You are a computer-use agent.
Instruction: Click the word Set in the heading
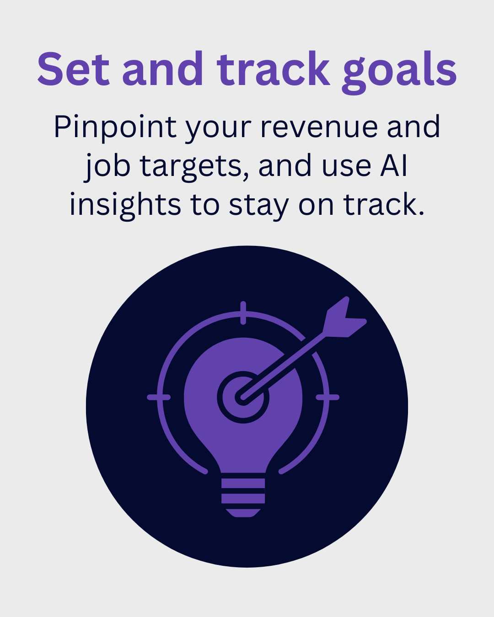point(74,69)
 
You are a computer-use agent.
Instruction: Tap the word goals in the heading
point(399,73)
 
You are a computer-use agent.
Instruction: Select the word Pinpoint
point(115,128)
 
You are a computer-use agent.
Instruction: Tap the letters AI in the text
point(393,165)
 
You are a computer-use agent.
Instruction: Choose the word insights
point(125,206)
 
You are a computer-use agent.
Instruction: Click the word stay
point(258,207)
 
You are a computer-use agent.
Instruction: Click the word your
point(219,130)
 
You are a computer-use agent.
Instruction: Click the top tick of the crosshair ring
point(243,313)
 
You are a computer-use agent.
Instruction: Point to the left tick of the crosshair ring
point(159,397)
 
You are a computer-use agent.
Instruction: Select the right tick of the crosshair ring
point(328,397)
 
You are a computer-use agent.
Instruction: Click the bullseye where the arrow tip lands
point(243,397)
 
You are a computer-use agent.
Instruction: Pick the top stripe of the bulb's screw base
point(243,483)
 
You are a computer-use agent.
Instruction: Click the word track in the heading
point(273,69)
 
